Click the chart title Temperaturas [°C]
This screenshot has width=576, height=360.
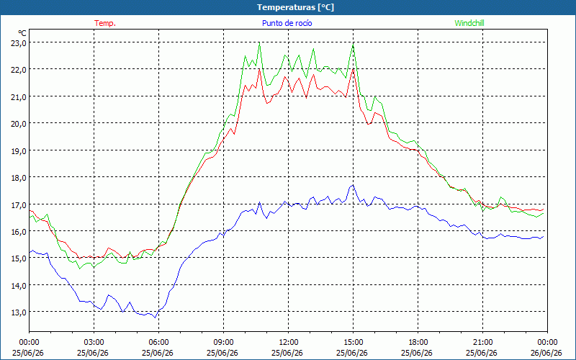(295, 7)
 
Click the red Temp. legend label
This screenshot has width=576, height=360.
(105, 23)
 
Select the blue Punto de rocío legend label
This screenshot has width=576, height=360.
(287, 23)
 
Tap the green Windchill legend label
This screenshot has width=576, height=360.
(469, 23)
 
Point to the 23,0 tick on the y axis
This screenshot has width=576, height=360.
(19, 42)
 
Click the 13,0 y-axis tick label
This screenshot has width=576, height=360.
(19, 312)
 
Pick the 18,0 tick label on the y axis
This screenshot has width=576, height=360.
(19, 177)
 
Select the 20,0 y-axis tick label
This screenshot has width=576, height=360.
(19, 123)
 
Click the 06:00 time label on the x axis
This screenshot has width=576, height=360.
(158, 343)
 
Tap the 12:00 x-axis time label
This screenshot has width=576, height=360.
(289, 343)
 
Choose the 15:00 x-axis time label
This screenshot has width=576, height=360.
(353, 343)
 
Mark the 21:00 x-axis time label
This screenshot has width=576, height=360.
(482, 343)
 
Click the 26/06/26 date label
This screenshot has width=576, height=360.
(546, 353)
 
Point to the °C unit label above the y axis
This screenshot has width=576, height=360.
(22, 33)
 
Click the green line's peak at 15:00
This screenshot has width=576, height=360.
(353, 45)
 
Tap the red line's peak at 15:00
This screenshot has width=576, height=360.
(353, 68)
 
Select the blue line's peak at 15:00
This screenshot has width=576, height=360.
(353, 185)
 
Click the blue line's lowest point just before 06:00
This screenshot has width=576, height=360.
(155, 318)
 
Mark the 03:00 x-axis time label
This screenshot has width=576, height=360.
(94, 343)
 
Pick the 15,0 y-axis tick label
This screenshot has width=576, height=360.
(19, 258)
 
